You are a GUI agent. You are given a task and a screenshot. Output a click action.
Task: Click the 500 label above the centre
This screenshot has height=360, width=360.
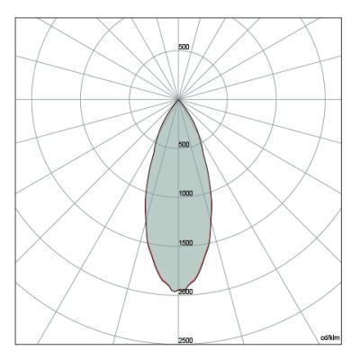coord(184,47)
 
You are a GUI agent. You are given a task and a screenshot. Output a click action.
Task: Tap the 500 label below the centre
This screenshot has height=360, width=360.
coord(184,145)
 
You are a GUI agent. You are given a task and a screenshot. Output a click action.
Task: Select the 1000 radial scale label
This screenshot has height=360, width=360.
coord(185,193)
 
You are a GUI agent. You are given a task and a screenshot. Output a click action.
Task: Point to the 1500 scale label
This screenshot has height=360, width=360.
coord(185,243)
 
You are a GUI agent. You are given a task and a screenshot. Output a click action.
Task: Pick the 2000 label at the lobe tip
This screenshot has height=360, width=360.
coord(185,292)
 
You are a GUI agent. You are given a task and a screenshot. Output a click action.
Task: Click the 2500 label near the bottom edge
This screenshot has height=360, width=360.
coord(185,340)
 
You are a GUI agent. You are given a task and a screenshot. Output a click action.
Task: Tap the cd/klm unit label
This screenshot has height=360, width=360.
coord(330,337)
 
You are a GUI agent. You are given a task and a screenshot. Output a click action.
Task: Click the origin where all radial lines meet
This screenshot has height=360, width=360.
coord(178,99)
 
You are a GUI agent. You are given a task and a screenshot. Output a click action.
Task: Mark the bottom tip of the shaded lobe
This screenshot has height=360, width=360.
coord(174,291)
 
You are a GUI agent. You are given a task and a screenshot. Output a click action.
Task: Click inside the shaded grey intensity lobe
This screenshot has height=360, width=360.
coord(178,210)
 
